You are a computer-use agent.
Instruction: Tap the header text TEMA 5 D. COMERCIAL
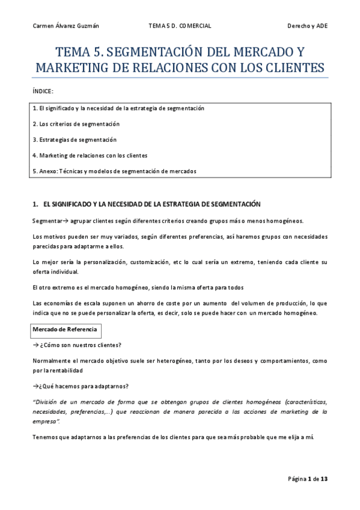click(180, 25)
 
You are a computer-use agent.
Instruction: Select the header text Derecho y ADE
click(308, 25)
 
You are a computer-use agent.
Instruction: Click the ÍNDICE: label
click(42, 91)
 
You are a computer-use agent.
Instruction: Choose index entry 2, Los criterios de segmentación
click(76, 124)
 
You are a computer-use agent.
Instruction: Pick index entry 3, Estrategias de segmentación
click(75, 140)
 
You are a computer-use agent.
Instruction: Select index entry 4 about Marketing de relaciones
click(90, 155)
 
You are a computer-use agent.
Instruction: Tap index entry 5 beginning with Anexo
click(114, 171)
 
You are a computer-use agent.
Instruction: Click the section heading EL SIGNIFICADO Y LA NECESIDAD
click(150, 204)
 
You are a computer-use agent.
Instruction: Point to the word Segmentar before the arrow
click(46, 220)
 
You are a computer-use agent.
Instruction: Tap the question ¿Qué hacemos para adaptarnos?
click(81, 386)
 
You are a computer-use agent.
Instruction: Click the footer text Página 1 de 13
click(307, 478)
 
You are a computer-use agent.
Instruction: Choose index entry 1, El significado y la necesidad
click(118, 108)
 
